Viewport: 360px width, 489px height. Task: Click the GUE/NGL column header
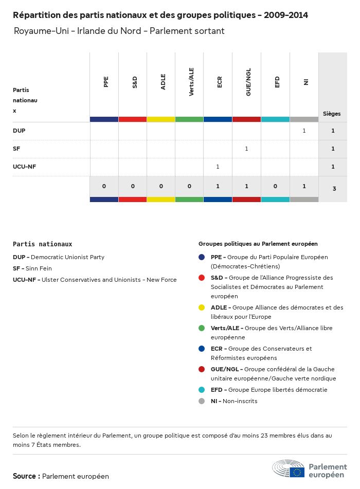pyautogui.click(x=248, y=82)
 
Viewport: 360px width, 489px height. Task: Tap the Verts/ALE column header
pyautogui.click(x=191, y=82)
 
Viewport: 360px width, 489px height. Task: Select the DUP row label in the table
pyautogui.click(x=19, y=131)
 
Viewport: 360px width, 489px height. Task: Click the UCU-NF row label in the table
pyautogui.click(x=24, y=167)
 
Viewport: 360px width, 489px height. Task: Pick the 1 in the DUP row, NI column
pyautogui.click(x=304, y=131)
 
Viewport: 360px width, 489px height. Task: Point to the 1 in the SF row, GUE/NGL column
pyautogui.click(x=246, y=149)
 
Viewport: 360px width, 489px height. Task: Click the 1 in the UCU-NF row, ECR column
pyautogui.click(x=218, y=167)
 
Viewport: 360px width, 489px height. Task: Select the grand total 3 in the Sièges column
pyautogui.click(x=334, y=189)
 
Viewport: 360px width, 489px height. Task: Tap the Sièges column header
pyautogui.click(x=332, y=114)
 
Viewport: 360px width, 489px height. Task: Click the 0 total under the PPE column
pyautogui.click(x=104, y=186)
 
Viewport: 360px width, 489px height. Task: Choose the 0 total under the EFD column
pyautogui.click(x=275, y=186)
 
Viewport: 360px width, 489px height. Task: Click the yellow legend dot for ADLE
pyautogui.click(x=202, y=307)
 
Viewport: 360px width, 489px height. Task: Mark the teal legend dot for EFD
pyautogui.click(x=202, y=390)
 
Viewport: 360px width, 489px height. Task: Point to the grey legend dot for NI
pyautogui.click(x=202, y=401)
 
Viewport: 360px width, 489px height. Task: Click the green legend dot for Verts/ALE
pyautogui.click(x=202, y=328)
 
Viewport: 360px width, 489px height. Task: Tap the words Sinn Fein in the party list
pyautogui.click(x=39, y=268)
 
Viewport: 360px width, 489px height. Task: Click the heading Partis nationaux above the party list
pyautogui.click(x=42, y=244)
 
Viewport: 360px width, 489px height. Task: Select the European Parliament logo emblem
pyautogui.click(x=288, y=468)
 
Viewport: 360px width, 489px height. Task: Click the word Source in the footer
pyautogui.click(x=24, y=476)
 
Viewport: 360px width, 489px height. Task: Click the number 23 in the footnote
pyautogui.click(x=264, y=436)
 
